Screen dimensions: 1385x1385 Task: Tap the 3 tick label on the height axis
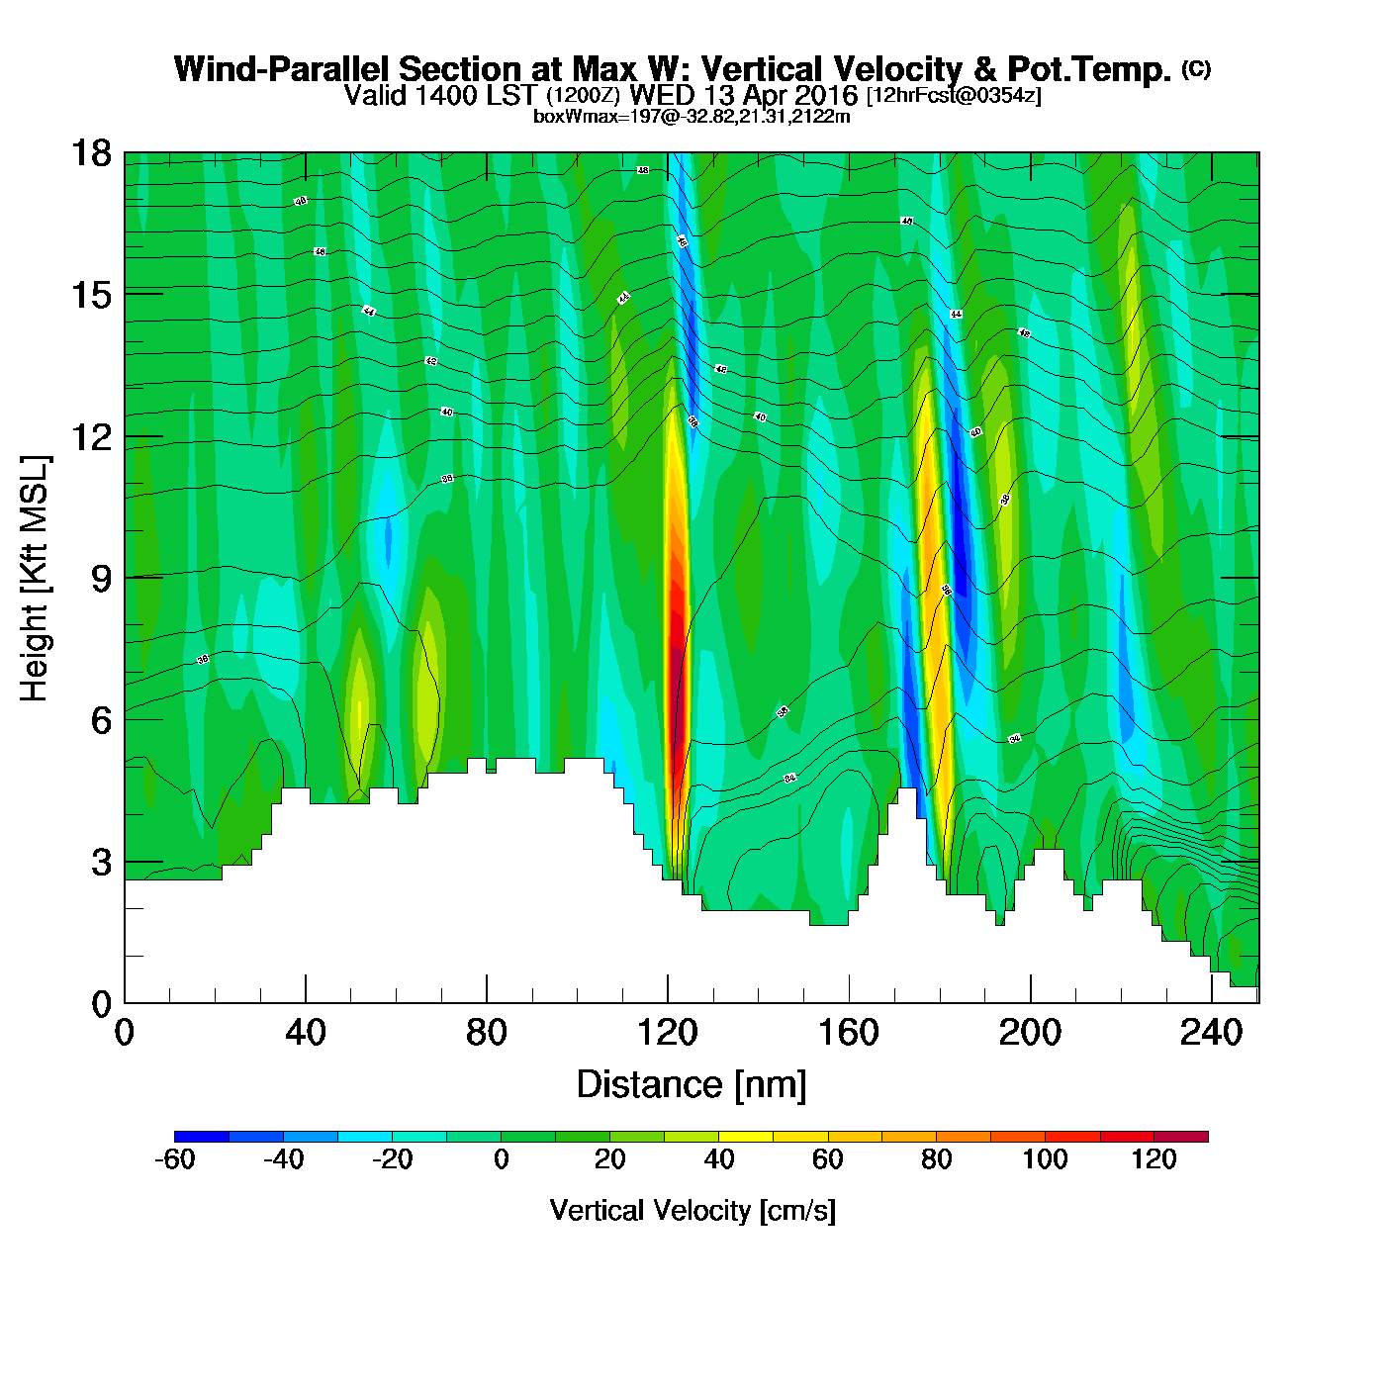click(101, 863)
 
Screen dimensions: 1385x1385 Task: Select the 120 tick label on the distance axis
click(668, 1034)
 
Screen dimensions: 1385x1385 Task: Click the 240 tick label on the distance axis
click(1211, 1034)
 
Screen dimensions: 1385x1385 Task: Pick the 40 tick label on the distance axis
click(305, 1034)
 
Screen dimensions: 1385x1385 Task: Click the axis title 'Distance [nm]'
click(692, 1085)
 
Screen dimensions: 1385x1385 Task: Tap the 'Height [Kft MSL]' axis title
click(35, 579)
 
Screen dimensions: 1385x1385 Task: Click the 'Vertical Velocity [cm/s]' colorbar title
click(692, 1211)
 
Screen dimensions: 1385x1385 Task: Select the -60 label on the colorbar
click(174, 1159)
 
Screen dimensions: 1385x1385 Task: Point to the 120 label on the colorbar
click(1154, 1159)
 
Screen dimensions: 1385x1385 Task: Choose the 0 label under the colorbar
click(502, 1159)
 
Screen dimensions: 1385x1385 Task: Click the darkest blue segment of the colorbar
click(202, 1137)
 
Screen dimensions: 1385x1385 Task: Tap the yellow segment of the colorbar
click(746, 1137)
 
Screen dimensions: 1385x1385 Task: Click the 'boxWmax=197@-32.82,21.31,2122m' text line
click(692, 117)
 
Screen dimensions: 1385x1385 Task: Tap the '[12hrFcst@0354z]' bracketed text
click(954, 96)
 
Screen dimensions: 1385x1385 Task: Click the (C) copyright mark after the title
click(1196, 68)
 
